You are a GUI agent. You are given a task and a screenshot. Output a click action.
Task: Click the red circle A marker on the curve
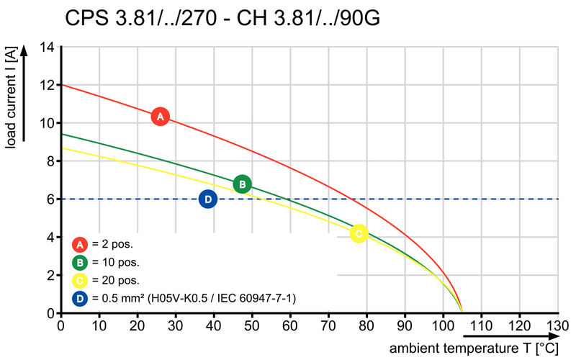tap(161, 116)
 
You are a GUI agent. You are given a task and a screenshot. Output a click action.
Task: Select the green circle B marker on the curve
tap(243, 184)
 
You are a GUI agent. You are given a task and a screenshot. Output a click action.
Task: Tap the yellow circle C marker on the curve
tap(359, 233)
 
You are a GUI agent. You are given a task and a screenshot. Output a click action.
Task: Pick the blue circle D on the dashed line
tap(207, 199)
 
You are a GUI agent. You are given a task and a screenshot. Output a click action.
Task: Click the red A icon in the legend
tap(80, 243)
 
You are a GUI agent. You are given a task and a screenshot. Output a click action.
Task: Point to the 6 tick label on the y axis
tap(51, 199)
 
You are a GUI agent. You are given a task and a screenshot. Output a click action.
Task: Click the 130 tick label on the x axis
tap(558, 325)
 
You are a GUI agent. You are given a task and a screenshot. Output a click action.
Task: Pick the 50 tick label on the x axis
tap(252, 325)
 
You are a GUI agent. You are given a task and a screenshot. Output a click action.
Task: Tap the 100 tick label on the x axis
tap(444, 325)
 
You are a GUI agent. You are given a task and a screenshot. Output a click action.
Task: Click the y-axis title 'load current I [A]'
tap(12, 99)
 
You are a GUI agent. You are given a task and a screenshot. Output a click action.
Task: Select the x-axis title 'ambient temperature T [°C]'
tap(474, 348)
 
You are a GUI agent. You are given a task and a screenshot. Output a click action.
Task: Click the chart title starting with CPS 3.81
tap(222, 17)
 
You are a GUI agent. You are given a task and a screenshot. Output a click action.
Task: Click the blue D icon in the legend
tap(80, 298)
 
